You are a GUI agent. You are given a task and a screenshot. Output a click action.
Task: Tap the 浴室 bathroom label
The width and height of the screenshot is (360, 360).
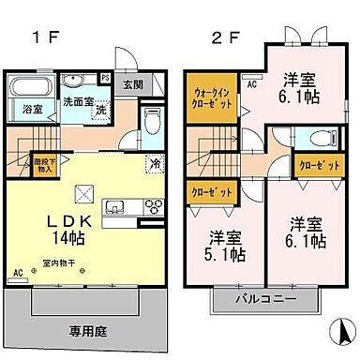point(33,111)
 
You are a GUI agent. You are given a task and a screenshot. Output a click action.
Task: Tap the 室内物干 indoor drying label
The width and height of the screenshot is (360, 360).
point(55,265)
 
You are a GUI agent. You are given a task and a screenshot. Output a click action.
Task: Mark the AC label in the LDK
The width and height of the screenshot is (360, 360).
point(18,274)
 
